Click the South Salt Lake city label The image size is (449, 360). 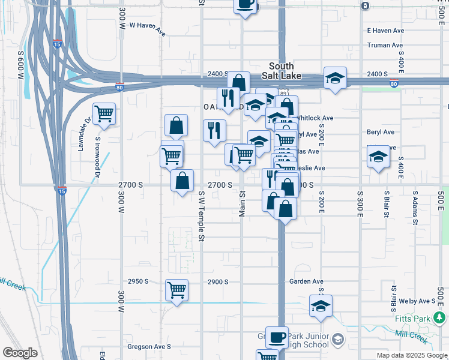tap(281, 71)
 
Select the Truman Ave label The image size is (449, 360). tap(385, 45)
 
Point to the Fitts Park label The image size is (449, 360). tap(411, 317)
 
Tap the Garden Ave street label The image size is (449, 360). tap(306, 281)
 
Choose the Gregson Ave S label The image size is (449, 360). tap(149, 347)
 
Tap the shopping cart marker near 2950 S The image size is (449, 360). tap(176, 290)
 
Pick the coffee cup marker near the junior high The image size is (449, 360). tap(277, 337)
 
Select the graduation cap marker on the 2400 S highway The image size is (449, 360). tap(335, 77)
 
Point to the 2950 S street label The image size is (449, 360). tap(137, 281)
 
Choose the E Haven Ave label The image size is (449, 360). tap(385, 31)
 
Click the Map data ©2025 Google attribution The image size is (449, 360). tap(411, 355)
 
